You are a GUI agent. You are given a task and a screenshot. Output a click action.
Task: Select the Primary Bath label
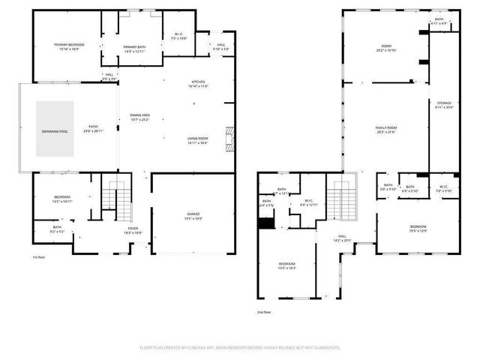[x=135, y=47]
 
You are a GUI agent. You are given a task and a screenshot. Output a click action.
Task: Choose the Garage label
[x=193, y=215]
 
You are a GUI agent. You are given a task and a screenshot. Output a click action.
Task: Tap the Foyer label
[x=133, y=230]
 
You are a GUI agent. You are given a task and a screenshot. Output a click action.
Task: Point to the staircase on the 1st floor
[x=112, y=199]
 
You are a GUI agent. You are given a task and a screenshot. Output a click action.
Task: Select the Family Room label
[x=386, y=130]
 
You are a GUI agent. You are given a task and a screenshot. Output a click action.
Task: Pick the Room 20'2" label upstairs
[x=386, y=48]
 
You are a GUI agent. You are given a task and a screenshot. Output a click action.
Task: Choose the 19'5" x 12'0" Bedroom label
[x=418, y=228]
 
